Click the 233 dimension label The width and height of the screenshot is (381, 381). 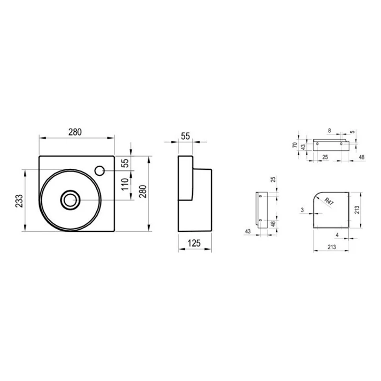(19, 201)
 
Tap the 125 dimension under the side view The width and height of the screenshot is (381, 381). (194, 243)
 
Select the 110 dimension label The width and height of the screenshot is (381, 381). (125, 185)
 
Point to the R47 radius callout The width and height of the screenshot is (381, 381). (329, 202)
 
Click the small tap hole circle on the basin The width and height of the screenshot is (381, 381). (99, 171)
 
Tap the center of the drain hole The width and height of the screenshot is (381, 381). (70, 199)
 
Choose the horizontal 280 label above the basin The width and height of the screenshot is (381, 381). (75, 132)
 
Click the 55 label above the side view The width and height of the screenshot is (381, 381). (185, 136)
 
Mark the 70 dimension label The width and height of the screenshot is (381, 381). (295, 145)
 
